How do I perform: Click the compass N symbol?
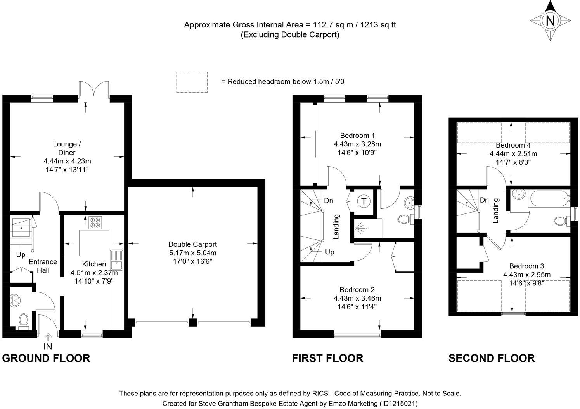point(550,21)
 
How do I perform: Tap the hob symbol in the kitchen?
point(95,223)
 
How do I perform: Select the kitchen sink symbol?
point(116,260)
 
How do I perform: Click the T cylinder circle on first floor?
point(364,201)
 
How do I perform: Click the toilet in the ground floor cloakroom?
point(23,321)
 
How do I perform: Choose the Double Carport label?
point(192,244)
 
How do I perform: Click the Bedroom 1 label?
point(357,136)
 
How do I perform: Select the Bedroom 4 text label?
point(513,145)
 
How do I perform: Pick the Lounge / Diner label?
point(67,148)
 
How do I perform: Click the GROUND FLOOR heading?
point(46,358)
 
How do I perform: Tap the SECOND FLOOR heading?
point(492,358)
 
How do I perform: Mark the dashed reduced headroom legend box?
point(192,82)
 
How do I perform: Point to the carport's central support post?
point(192,322)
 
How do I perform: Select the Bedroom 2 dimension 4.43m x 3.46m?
point(357,298)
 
